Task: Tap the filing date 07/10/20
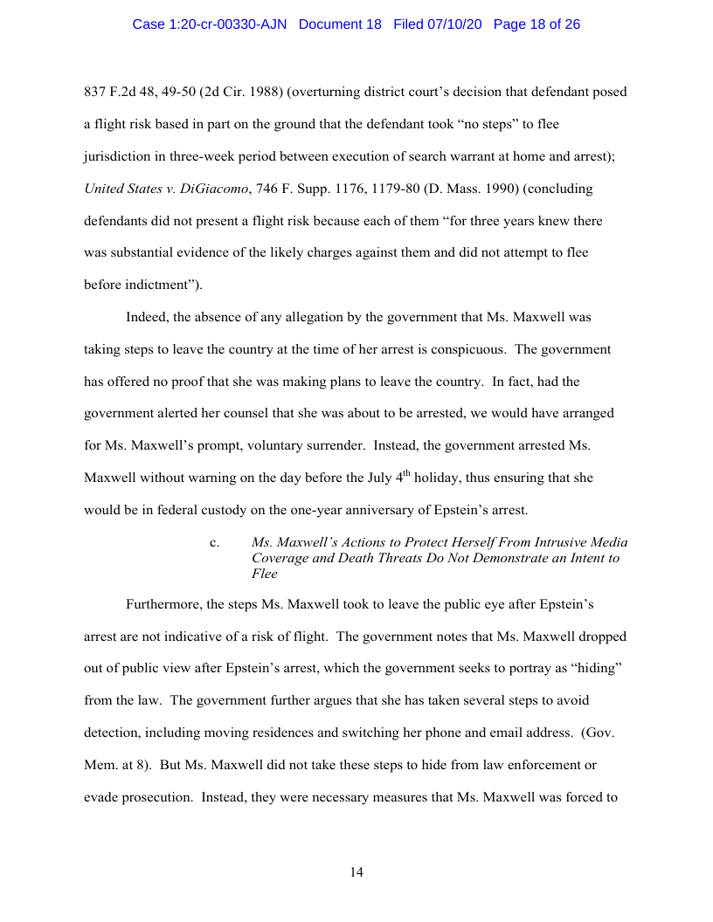[x=459, y=24]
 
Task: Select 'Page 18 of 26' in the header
[x=536, y=24]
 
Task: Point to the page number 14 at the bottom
[x=356, y=872]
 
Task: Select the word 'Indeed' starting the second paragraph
[x=146, y=317]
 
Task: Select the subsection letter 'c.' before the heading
[x=215, y=543]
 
